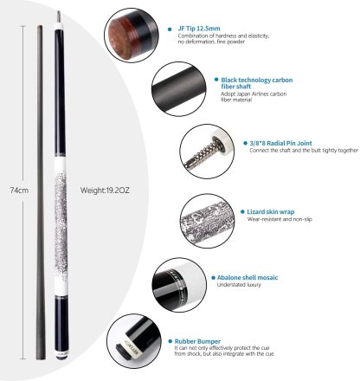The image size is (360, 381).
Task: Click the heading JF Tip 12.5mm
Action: click(199, 29)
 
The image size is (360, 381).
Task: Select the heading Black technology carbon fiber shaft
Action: click(257, 83)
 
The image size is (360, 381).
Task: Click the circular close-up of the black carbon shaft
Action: click(178, 88)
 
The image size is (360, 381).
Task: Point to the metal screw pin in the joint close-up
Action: click(202, 153)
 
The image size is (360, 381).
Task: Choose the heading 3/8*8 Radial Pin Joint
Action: click(280, 143)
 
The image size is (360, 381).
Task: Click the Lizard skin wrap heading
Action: click(271, 212)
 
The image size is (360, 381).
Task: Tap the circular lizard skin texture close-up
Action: click(207, 221)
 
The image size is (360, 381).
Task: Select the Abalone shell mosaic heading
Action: click(247, 278)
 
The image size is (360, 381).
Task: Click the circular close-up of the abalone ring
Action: click(179, 285)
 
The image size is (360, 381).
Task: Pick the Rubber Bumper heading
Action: click(197, 341)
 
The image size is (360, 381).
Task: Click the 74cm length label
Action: click(19, 190)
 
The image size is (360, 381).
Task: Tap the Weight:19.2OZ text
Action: click(105, 190)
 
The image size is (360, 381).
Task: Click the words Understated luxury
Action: click(239, 285)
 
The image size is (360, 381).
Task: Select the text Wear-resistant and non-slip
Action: click(280, 219)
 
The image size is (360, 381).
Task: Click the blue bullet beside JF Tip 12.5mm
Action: click(170, 29)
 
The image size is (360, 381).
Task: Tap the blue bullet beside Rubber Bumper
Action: click(170, 341)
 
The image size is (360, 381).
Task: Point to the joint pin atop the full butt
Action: click(59, 16)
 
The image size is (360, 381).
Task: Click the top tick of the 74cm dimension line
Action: click(23, 26)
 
